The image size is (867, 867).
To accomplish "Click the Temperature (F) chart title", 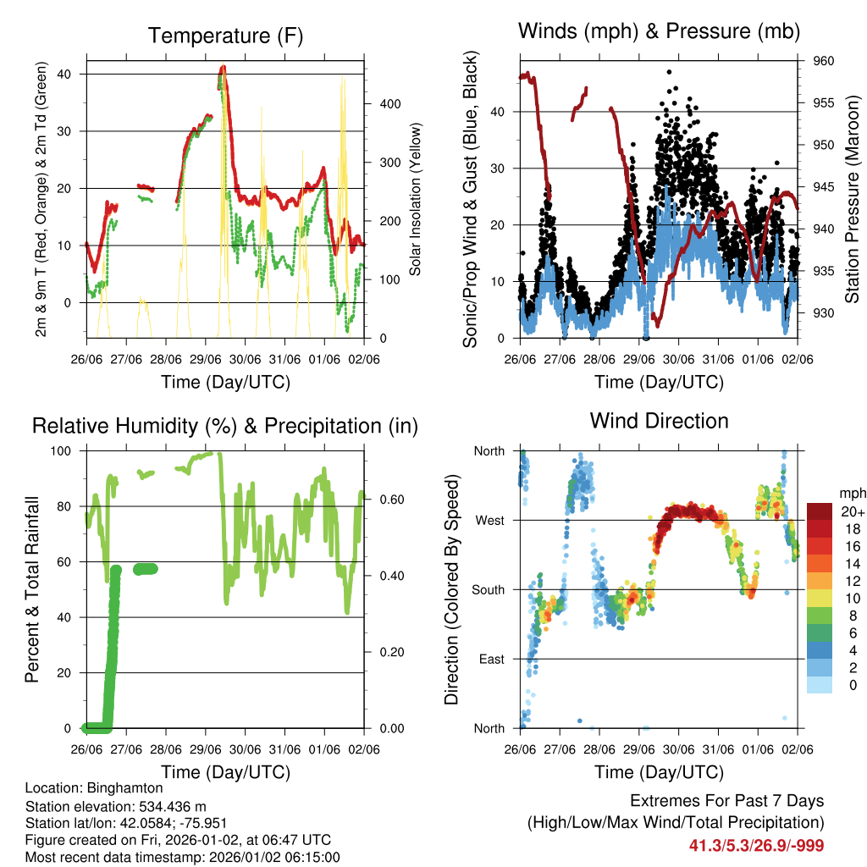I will coord(225,36).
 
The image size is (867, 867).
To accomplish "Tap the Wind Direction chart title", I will coord(659,420).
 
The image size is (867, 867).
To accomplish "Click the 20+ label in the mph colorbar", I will coord(852,511).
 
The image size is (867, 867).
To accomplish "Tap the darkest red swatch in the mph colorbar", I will coord(820,511).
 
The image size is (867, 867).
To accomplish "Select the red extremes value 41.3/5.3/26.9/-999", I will coord(756,845).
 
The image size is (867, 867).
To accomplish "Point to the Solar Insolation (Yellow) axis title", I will coord(415,200).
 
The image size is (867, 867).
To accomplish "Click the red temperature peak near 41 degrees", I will coord(223,68).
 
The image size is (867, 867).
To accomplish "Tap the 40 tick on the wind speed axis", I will coord(500,112).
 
